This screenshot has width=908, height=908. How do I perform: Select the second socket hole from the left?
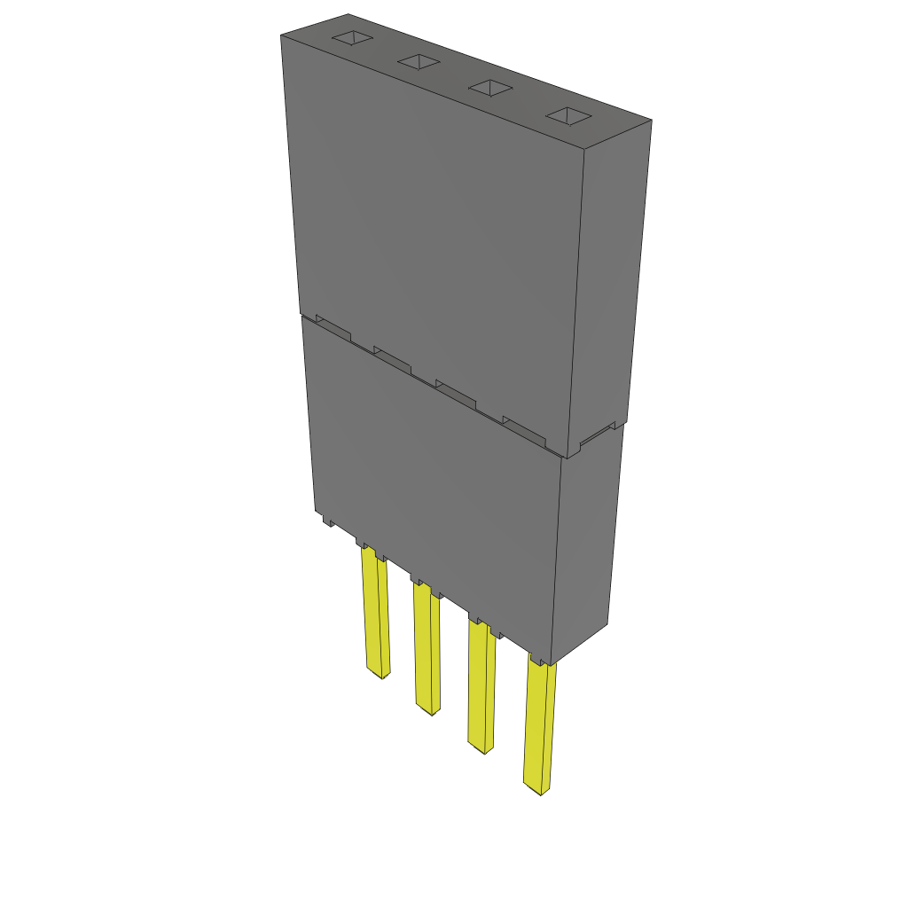click(x=419, y=61)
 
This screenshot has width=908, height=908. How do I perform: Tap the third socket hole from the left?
click(x=489, y=88)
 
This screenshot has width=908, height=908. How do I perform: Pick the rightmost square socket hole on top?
click(x=567, y=115)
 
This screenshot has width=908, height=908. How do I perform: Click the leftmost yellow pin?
click(x=374, y=612)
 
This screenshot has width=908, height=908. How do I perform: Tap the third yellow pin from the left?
click(x=481, y=687)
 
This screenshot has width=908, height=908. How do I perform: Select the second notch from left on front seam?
click(x=393, y=357)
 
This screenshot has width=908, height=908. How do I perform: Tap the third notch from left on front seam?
click(x=456, y=393)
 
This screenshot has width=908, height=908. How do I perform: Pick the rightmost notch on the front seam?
click(x=523, y=429)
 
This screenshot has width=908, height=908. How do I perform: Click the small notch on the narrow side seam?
click(x=597, y=434)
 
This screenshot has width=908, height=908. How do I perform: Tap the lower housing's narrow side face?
click(x=587, y=541)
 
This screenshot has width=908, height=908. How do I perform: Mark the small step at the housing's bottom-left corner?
click(x=327, y=521)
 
